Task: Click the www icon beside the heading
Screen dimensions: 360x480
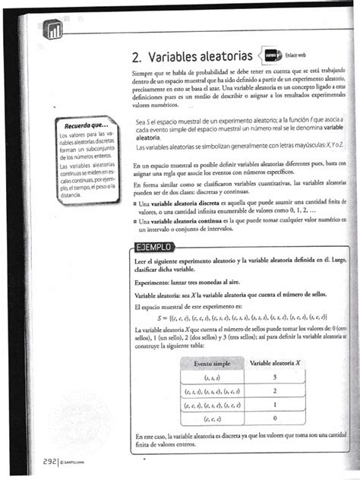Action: click(274, 55)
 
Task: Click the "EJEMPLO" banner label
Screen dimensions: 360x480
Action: click(153, 246)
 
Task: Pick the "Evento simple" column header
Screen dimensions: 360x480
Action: click(212, 362)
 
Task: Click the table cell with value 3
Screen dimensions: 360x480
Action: click(274, 377)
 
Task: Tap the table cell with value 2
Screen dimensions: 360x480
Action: click(274, 390)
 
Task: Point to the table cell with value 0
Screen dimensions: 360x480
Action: click(274, 418)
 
